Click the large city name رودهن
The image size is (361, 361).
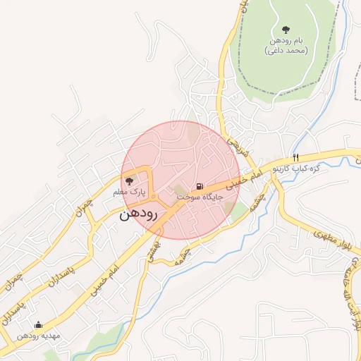tap(137, 214)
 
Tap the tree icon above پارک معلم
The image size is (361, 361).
tap(128, 181)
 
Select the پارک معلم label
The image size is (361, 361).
tap(129, 192)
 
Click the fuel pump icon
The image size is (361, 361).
tap(201, 187)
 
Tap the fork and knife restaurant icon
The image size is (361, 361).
tap(296, 157)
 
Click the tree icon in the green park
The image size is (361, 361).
tap(286, 30)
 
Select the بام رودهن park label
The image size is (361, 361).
tap(286, 42)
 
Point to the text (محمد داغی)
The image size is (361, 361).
tap(286, 51)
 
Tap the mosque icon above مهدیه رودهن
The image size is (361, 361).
tap(38, 325)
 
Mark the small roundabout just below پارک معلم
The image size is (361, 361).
tap(154, 195)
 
